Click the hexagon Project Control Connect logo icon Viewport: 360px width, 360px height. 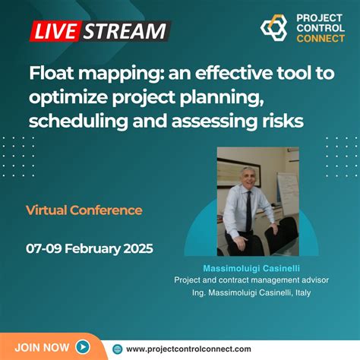tap(274, 28)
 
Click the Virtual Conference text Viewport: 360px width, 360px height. tap(84, 210)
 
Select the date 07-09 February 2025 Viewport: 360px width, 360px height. tap(90, 248)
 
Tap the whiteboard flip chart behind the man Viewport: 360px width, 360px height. tap(288, 191)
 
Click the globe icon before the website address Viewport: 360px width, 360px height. tap(117, 349)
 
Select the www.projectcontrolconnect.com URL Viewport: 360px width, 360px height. tap(188, 349)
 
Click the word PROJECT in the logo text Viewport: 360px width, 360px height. tap(320, 17)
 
